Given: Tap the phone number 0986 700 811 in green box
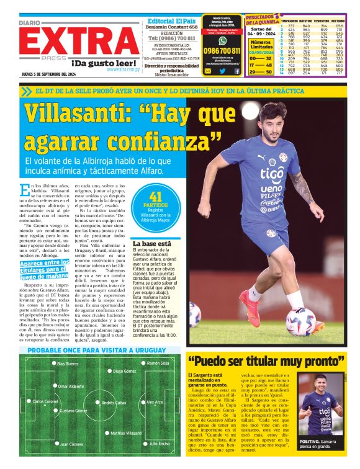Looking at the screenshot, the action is pos(222,51).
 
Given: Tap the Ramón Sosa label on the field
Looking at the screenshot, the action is pos(158,363).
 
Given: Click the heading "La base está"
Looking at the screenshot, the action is pos(152,244).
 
